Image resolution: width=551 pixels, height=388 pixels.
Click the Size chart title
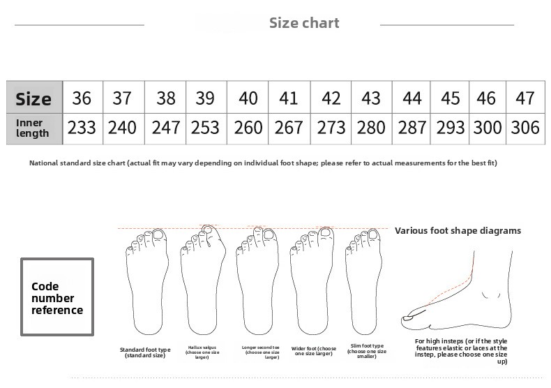304,23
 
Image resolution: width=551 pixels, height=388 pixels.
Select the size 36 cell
82,98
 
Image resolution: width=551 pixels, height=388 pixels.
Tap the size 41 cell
289,98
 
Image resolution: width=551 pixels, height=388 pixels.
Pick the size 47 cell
525,98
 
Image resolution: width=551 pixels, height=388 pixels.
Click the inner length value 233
82,128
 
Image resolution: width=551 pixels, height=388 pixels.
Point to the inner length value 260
248,128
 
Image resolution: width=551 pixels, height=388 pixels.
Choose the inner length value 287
412,128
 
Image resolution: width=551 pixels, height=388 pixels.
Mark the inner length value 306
525,128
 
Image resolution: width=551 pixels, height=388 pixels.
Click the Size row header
34,98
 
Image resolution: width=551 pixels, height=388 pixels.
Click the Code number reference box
57,297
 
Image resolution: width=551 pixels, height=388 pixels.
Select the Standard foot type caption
145,352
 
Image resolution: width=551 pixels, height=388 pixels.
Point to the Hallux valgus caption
202,352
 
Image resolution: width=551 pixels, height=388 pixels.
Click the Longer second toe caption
261,352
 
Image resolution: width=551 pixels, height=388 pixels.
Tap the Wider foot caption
314,351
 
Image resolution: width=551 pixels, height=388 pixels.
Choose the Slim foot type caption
367,351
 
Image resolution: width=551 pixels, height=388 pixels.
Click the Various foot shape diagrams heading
458,231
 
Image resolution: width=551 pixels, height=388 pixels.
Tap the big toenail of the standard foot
159,234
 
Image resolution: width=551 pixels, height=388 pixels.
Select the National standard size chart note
263,163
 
